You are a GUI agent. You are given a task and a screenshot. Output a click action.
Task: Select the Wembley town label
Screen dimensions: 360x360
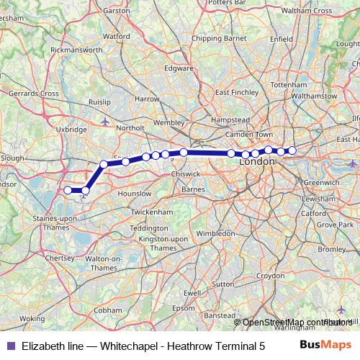pyautogui.click(x=169, y=123)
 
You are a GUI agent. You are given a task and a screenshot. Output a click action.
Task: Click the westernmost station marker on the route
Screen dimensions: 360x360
pyautogui.click(x=68, y=190)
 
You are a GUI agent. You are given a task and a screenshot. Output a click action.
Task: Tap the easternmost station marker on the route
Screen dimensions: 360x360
pyautogui.click(x=292, y=150)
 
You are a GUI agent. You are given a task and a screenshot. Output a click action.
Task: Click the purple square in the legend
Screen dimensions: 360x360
pyautogui.click(x=9, y=346)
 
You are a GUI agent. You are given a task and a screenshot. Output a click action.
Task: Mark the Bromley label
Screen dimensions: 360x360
pyautogui.click(x=331, y=248)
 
